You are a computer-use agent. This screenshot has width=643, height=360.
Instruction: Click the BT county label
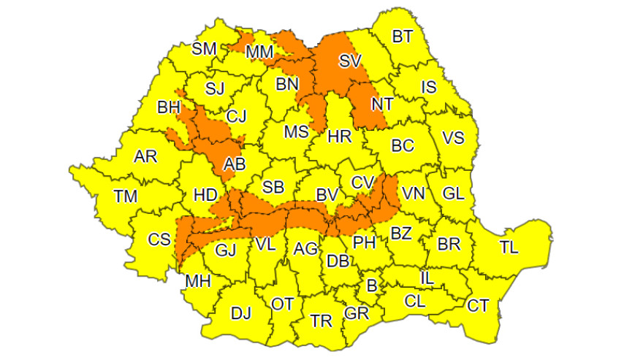402,37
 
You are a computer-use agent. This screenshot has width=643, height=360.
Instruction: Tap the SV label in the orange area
351,61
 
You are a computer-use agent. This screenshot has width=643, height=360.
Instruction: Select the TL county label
509,247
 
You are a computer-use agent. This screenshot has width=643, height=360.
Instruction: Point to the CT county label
478,305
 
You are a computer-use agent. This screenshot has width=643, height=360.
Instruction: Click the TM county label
125,196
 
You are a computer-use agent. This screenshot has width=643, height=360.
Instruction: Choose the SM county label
204,49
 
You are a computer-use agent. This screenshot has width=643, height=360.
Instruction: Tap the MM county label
259,52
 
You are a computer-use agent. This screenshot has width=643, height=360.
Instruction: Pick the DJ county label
240,314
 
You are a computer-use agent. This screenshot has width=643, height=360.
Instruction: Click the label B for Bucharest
371,286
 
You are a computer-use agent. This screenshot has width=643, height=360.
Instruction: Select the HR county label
340,136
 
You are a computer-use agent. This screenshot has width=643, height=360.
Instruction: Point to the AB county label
234,165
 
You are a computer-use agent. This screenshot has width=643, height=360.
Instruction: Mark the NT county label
381,104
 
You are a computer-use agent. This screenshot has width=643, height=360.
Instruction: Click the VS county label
454,139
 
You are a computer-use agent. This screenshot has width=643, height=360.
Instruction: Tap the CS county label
159,239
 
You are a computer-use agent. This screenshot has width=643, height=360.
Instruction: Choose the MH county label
197,281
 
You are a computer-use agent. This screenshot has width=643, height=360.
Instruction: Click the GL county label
454,194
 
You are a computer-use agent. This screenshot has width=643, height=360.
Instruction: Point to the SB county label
273,186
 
